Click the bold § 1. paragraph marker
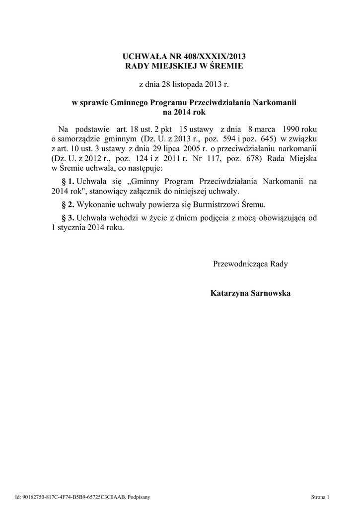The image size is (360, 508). coord(68,181)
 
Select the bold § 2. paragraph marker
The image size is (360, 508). coord(68,204)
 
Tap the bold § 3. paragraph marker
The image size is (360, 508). coord(68,218)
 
